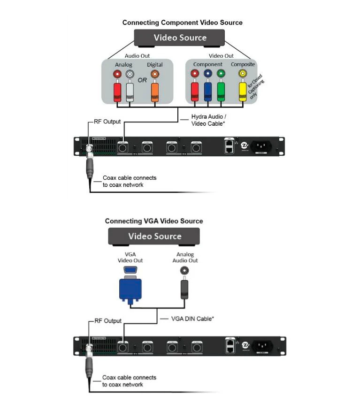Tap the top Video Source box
[x=180, y=38]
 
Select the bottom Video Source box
[x=154, y=236]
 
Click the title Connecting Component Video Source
[x=182, y=23]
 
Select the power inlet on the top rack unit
[x=264, y=147]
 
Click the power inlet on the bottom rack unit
[x=264, y=346]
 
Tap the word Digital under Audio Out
[x=155, y=65]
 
